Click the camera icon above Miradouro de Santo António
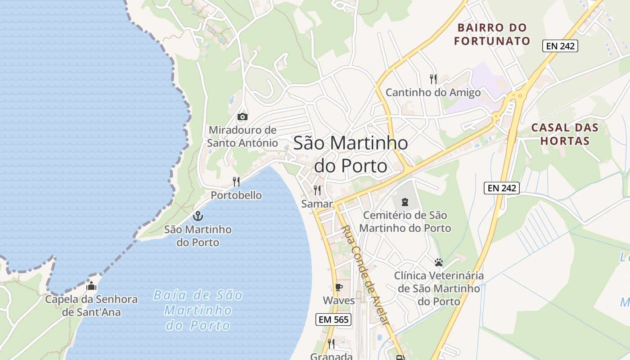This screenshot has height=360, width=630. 242,117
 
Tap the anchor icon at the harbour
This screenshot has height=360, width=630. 198,216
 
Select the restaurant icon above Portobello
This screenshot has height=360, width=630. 236,182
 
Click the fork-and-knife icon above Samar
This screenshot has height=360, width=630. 317,190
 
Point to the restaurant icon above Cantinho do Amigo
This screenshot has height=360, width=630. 433,79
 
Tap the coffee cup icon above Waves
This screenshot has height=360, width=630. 339,287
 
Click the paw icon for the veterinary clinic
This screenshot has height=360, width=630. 439,262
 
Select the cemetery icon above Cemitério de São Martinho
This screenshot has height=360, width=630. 405,202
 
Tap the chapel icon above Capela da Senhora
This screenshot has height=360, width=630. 91,286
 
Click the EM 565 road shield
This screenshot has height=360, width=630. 333,319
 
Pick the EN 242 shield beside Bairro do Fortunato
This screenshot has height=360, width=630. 560,45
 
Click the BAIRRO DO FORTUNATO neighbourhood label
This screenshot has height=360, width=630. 492,34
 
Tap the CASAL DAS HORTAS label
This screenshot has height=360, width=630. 565,134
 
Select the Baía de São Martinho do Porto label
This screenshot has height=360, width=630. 198,310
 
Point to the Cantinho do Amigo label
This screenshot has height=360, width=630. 433,93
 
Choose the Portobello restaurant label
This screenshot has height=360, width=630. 236,195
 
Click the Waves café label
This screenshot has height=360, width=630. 339,300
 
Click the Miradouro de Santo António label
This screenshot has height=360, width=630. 243,136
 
